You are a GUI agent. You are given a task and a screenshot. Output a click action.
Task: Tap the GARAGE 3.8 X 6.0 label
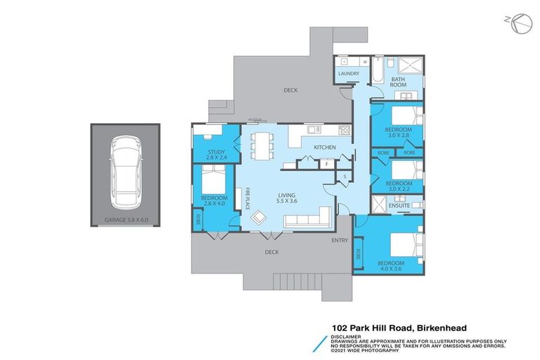(x=124, y=219)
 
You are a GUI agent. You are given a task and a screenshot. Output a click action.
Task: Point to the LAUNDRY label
(x=349, y=73)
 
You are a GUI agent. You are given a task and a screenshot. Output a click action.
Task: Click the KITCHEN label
(x=324, y=147)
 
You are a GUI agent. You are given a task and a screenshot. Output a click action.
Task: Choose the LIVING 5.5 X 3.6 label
(x=286, y=198)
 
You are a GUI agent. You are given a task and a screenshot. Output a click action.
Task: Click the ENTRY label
(x=340, y=240)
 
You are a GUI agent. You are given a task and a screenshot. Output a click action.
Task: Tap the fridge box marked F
(x=327, y=165)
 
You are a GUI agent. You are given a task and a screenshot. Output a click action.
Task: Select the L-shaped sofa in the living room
(x=309, y=220)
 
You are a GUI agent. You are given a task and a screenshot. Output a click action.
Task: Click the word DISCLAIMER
(x=346, y=336)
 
